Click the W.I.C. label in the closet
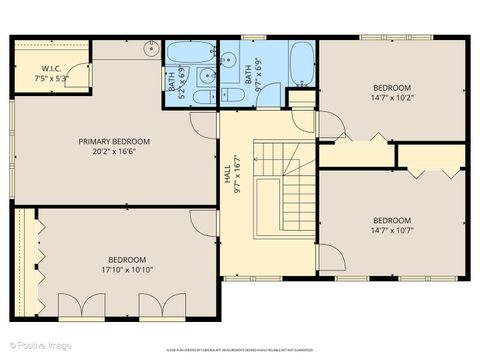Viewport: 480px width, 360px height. pos(52,69)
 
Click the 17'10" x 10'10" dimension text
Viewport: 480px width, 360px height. pos(127,269)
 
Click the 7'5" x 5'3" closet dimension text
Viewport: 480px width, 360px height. pos(52,79)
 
